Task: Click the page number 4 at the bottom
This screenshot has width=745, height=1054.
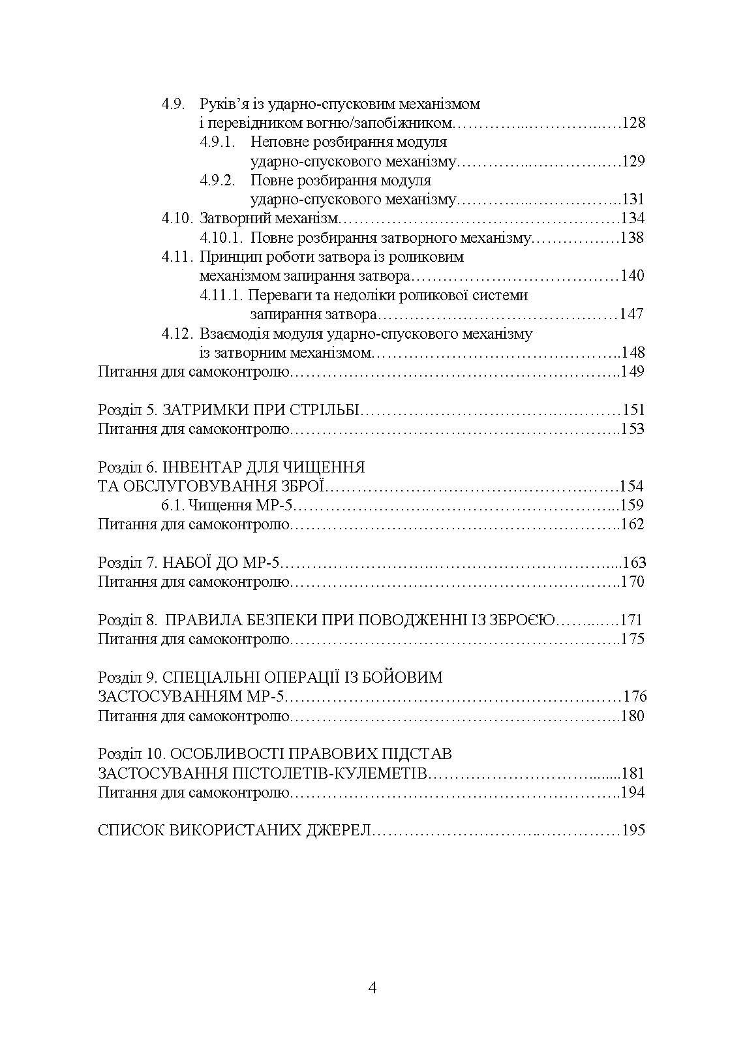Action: [x=372, y=987]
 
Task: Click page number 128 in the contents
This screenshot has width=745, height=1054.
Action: [x=633, y=123]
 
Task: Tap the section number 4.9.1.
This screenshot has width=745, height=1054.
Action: [x=217, y=142]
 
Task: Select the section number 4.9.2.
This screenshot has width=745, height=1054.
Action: [x=217, y=181]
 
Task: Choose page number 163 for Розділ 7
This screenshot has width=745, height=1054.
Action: [x=633, y=563]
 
